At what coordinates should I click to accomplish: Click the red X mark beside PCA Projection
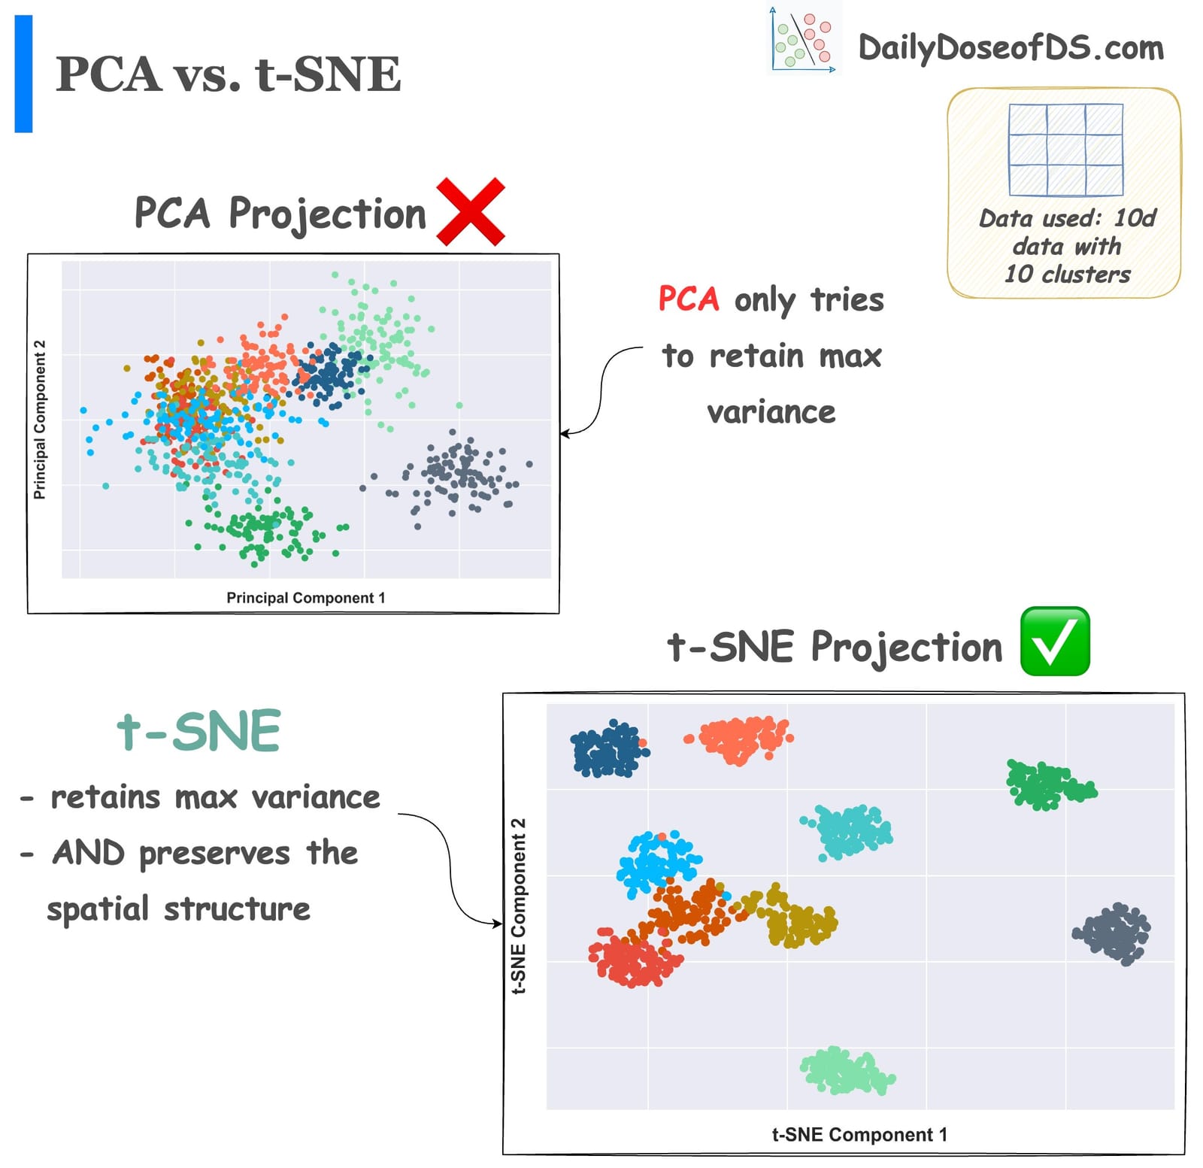point(470,212)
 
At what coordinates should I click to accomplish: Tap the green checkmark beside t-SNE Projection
point(1054,641)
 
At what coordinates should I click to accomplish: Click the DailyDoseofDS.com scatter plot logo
point(803,40)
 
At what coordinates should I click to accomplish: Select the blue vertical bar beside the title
point(23,74)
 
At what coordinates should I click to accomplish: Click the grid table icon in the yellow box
point(1065,150)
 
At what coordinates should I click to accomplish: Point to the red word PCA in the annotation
point(689,299)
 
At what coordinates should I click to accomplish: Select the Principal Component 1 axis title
point(305,598)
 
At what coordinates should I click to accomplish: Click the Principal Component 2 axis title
point(40,420)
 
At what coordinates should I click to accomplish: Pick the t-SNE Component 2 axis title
point(519,906)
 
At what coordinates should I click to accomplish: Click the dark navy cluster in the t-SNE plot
point(608,749)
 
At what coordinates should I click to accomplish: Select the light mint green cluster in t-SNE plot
point(846,1071)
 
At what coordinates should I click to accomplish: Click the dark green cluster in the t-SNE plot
point(1047,785)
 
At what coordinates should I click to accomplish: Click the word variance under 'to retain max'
point(771,412)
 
